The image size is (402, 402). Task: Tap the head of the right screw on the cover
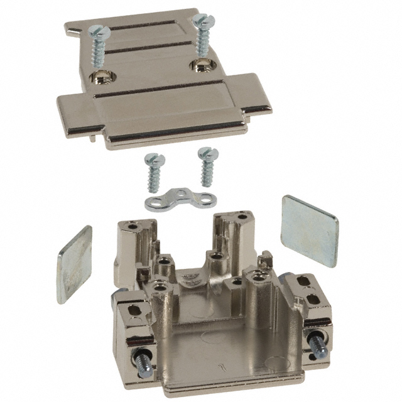pos(202,21)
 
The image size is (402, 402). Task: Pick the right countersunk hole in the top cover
pos(202,65)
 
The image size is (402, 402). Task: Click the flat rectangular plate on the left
pos(73,264)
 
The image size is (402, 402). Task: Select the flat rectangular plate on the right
pos(309,230)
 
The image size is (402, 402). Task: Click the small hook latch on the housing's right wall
pos(266,258)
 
